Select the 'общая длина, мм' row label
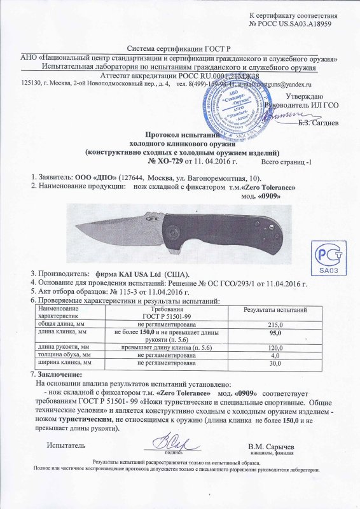click(60, 324)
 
